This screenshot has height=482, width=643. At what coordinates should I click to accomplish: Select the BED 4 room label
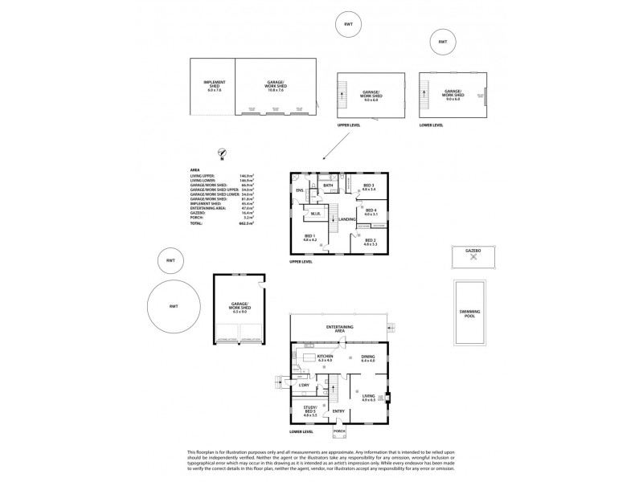click(x=370, y=212)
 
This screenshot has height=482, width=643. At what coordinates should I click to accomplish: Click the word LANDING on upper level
click(x=347, y=219)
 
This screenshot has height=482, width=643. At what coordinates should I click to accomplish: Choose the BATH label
click(x=328, y=186)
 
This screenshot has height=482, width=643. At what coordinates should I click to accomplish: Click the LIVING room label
click(x=369, y=397)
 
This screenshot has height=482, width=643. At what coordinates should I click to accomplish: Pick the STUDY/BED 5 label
click(x=310, y=411)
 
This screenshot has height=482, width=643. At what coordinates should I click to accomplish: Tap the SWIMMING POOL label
click(x=466, y=314)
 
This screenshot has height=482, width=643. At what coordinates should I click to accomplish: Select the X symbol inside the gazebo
click(x=473, y=257)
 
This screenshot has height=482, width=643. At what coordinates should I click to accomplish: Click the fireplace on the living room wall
click(x=387, y=396)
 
